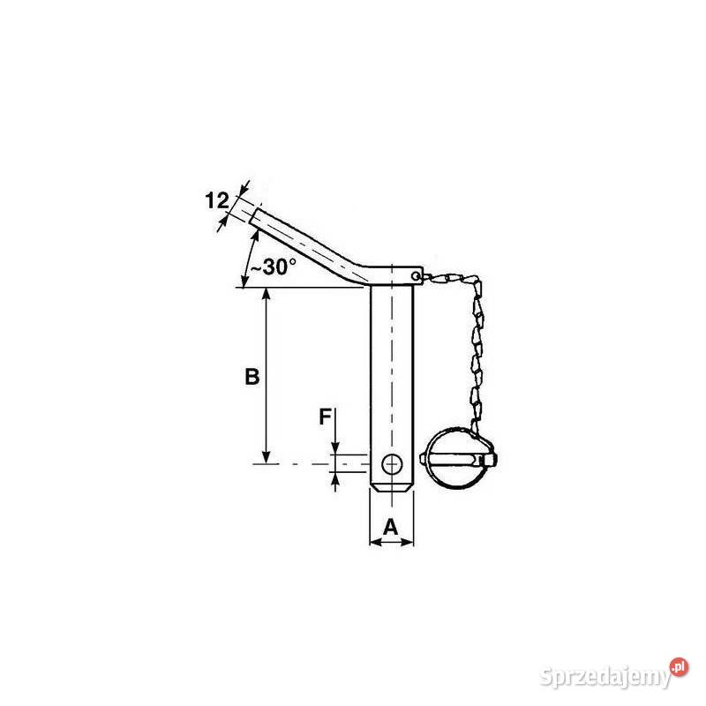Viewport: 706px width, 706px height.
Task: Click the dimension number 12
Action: (x=217, y=201)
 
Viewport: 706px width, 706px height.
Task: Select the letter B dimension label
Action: (x=252, y=377)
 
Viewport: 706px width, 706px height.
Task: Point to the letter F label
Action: (x=325, y=417)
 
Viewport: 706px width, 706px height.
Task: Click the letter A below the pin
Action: (x=391, y=527)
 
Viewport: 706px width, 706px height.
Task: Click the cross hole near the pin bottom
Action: (x=392, y=464)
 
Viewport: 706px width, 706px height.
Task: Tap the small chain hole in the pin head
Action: (x=416, y=275)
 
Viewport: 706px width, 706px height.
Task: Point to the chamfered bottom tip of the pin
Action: (x=391, y=489)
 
